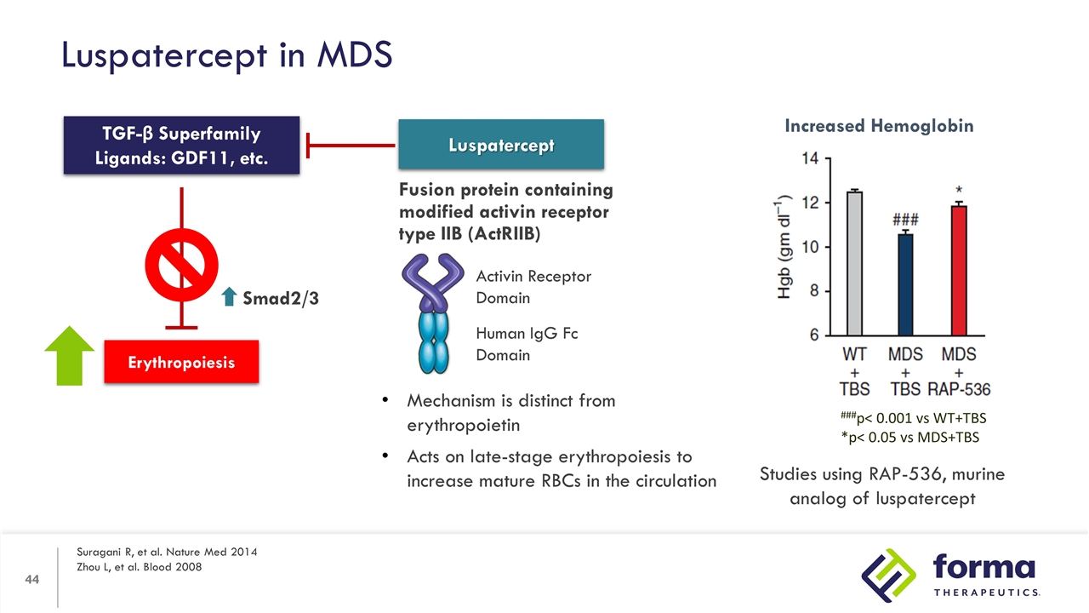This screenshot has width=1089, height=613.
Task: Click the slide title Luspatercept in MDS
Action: coord(226,55)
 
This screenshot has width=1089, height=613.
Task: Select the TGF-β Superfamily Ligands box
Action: coord(181,146)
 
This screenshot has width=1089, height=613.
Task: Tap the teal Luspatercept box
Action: coord(501,145)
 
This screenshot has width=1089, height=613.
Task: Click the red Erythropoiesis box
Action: coord(181,362)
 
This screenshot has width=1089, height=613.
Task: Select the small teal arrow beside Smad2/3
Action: coord(228,297)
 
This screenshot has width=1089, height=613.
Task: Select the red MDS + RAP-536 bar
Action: coord(959,271)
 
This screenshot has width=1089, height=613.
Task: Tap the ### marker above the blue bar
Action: coord(905,219)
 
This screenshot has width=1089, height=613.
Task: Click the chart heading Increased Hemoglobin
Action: coord(879,126)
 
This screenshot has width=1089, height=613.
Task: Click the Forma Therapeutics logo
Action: coord(948,573)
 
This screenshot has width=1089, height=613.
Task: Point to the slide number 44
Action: coord(32,580)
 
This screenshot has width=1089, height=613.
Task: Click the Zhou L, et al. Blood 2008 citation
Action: coord(140,567)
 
